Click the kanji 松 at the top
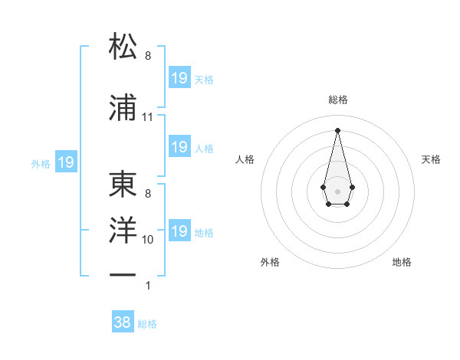pos(123,47)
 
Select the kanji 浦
pos(123,106)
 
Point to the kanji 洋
pos(123,231)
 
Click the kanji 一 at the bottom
pos(123,274)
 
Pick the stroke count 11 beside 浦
pos(147,117)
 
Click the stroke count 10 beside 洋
pos(148,240)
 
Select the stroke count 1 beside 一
pos(148,286)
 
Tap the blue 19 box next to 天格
pos(179,78)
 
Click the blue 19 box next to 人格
pos(179,147)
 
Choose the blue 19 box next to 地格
pos(179,231)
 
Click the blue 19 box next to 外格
pos(66,162)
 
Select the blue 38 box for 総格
pos(122,322)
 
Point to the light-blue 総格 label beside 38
pos(147,324)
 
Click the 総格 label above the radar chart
pos(337,100)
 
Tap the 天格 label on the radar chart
pos(431,159)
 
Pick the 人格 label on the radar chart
pos(245,159)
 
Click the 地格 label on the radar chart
pos(402,262)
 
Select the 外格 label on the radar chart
pos(270,262)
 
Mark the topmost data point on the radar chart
pos(337,130)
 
